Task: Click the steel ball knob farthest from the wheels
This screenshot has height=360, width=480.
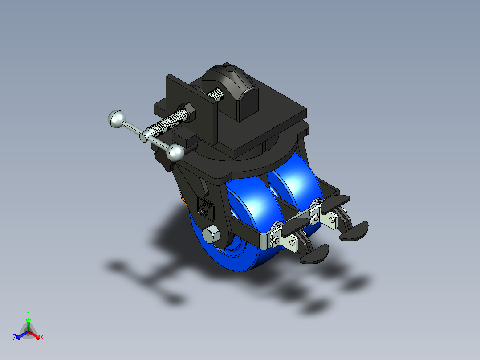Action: coord(117,119)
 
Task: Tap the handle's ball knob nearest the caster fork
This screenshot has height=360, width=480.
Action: coord(175,152)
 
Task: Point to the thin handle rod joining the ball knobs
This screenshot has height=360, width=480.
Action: coord(146,135)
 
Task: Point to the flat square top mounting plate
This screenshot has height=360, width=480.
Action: coord(232,116)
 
